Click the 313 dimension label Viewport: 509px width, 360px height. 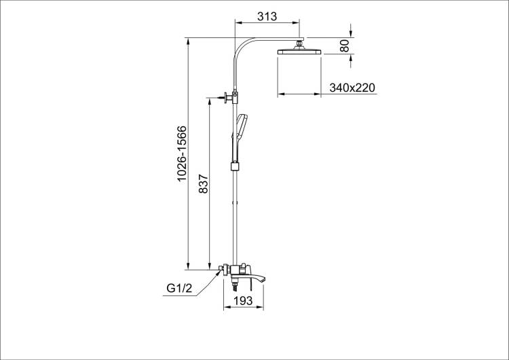(x=267, y=16)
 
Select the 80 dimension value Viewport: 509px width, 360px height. (x=344, y=46)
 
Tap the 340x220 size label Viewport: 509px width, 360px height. (x=352, y=88)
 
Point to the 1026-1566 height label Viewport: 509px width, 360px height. (x=182, y=153)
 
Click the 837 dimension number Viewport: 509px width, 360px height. (x=203, y=184)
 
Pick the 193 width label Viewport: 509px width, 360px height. (x=243, y=300)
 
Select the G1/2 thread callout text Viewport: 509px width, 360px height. (x=179, y=288)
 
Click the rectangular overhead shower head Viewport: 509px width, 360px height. (x=299, y=52)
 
